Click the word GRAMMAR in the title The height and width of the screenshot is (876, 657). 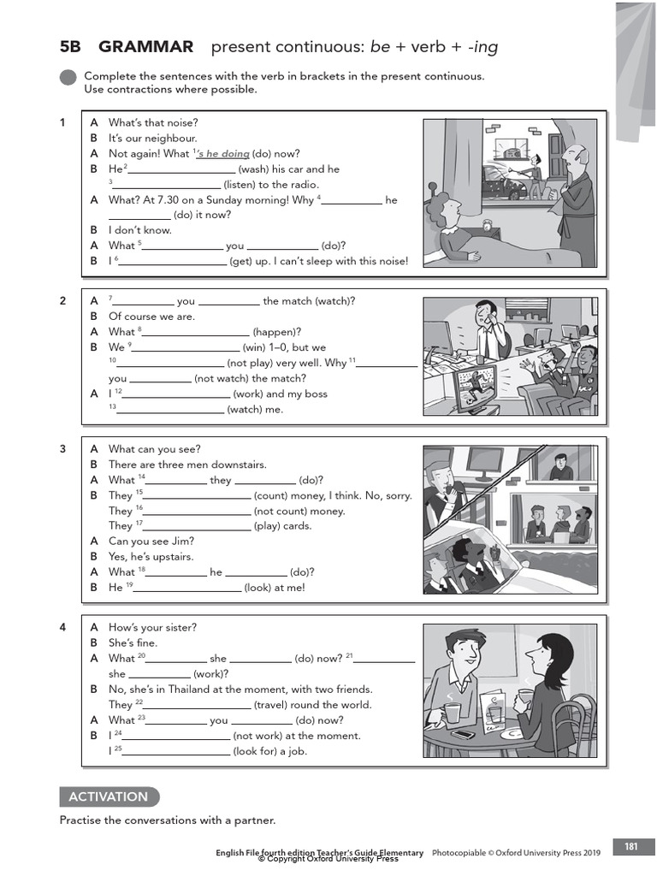(145, 46)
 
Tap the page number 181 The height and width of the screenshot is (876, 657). (631, 847)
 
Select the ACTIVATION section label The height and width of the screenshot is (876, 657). (109, 796)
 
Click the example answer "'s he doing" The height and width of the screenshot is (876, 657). (222, 154)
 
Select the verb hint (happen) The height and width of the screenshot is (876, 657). (277, 332)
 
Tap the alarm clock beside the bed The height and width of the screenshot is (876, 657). (488, 225)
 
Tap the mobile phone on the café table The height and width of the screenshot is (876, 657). (463, 734)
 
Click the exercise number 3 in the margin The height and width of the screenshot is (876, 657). (62, 449)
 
